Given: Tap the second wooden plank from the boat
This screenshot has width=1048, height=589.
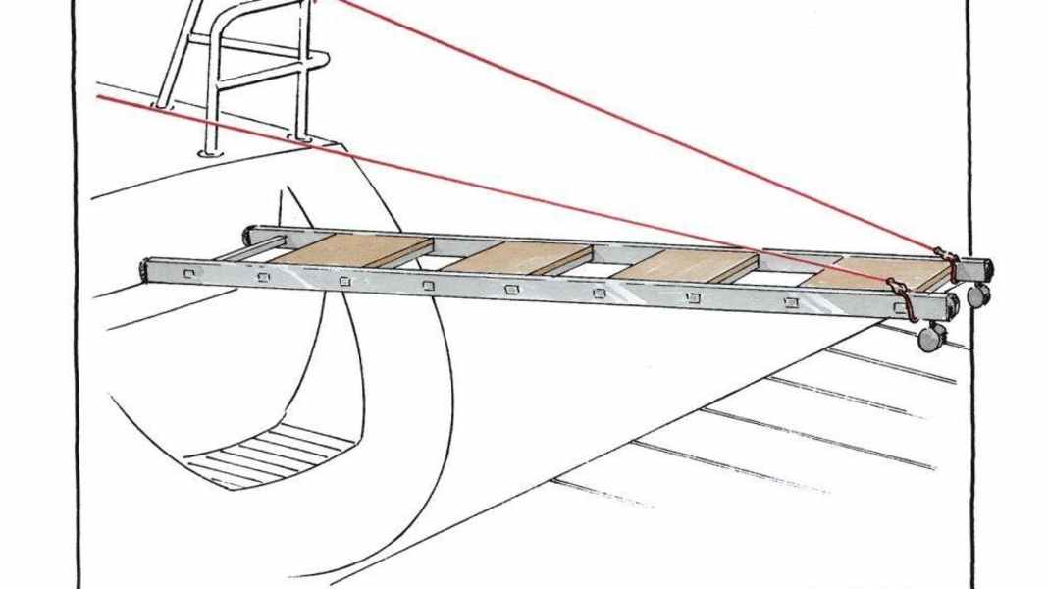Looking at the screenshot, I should pos(517,257).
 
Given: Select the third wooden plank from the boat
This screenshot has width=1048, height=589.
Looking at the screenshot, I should pos(690,265).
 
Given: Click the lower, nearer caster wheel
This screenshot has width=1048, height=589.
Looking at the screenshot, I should pos(929,338).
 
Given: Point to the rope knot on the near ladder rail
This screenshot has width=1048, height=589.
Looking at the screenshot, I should pos(897,290).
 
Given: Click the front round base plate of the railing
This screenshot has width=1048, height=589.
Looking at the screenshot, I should pos(209,152).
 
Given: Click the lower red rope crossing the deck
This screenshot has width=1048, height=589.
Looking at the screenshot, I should pos(491,187).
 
